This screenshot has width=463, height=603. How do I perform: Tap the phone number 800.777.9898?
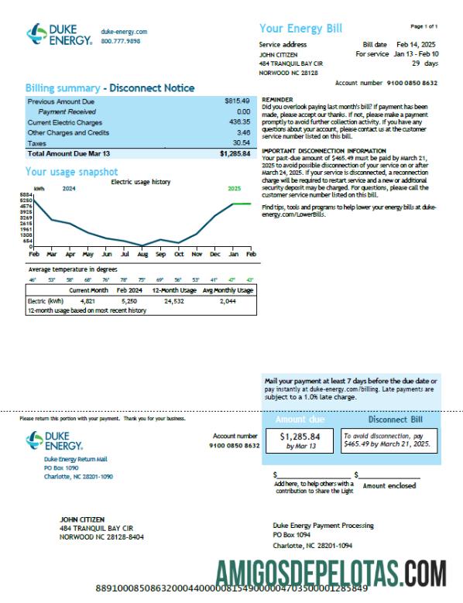[x=121, y=40]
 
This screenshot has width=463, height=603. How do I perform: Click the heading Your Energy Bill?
[x=300, y=29]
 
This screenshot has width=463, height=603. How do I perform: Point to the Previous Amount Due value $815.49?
[x=237, y=101]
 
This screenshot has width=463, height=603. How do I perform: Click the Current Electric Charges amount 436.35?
[x=238, y=122]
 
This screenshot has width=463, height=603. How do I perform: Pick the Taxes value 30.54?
[x=241, y=143]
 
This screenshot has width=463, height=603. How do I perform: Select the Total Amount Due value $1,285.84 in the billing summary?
[x=235, y=154]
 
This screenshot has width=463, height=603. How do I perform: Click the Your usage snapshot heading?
[x=71, y=172]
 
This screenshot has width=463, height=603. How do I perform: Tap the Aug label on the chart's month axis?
[x=142, y=254]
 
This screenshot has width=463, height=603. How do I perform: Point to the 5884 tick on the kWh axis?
[x=27, y=194]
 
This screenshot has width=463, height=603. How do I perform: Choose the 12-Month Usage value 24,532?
[x=173, y=300]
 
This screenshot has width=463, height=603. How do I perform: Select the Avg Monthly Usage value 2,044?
[x=228, y=300]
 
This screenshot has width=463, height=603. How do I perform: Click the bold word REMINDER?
[x=278, y=100]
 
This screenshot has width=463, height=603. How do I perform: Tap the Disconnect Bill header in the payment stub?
[x=395, y=420]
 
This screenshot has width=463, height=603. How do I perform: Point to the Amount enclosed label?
[x=389, y=485]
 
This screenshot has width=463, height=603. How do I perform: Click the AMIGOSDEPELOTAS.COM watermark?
[x=331, y=574]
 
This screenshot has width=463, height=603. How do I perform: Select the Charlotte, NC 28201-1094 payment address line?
[x=313, y=544]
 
